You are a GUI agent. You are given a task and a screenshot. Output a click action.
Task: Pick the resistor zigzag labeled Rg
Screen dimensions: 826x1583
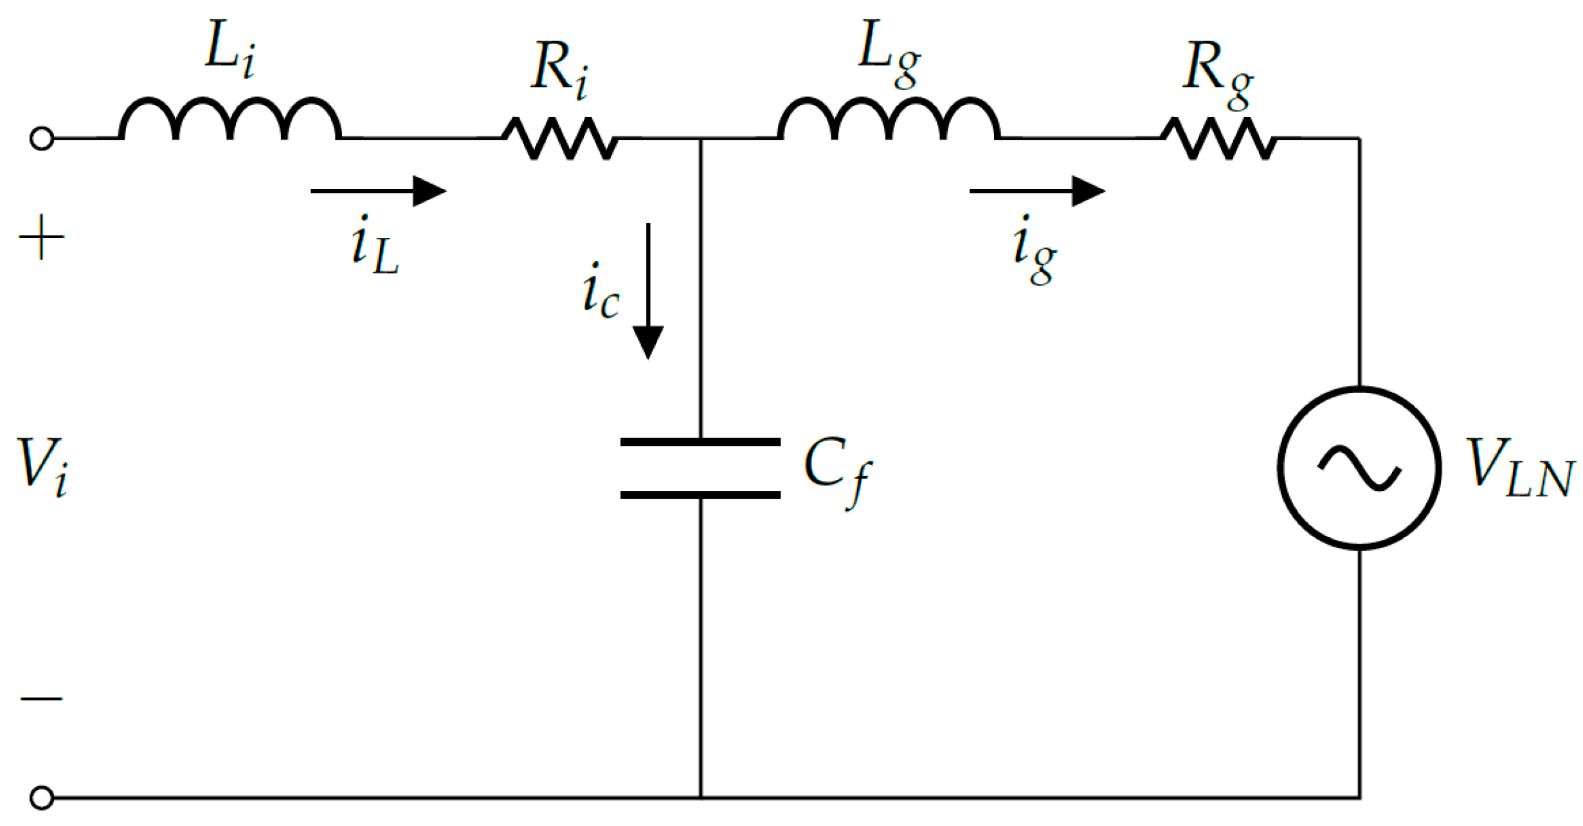click(x=1219, y=138)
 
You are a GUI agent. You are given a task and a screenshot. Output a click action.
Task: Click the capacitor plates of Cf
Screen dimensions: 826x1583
click(x=700, y=468)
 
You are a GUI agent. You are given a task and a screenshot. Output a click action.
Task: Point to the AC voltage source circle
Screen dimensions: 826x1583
click(x=1359, y=468)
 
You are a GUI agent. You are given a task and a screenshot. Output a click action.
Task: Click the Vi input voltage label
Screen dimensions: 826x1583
click(x=43, y=466)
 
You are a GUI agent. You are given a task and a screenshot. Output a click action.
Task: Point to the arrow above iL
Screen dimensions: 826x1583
click(x=379, y=191)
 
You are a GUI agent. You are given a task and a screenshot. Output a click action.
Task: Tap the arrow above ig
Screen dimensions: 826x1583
click(x=1037, y=191)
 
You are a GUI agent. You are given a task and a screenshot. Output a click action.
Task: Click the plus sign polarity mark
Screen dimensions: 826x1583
click(x=42, y=237)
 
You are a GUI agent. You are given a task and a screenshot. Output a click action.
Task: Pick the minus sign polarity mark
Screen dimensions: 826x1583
click(x=42, y=698)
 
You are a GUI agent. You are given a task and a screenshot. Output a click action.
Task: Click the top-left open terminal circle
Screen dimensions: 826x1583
click(x=42, y=138)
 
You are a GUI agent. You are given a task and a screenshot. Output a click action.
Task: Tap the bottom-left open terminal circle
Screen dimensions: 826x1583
click(x=42, y=798)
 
